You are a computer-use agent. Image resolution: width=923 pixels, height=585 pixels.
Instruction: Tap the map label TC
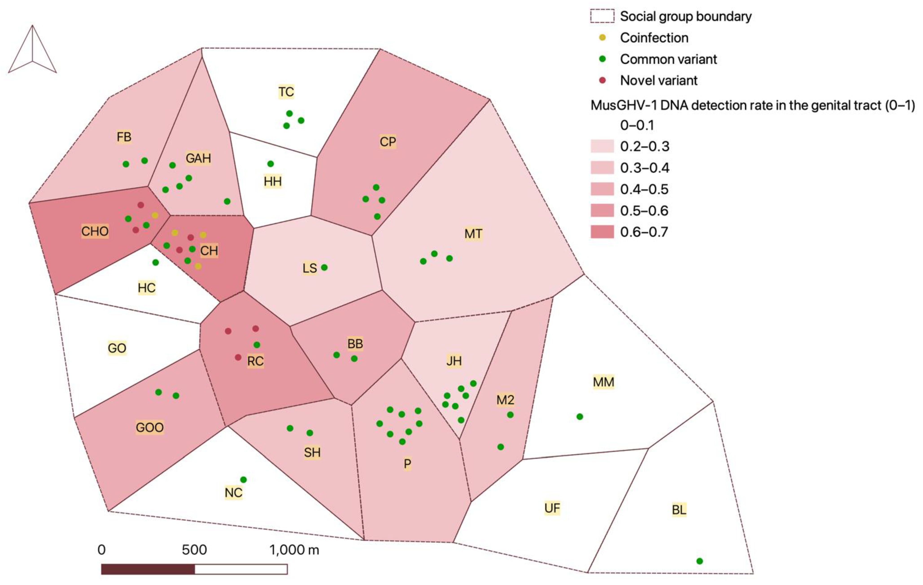tap(286, 92)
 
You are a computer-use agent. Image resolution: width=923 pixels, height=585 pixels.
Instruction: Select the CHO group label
tap(95, 231)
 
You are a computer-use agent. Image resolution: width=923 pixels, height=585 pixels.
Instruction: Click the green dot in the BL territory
tap(700, 561)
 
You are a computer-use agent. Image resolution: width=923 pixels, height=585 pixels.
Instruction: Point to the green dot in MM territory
tap(580, 416)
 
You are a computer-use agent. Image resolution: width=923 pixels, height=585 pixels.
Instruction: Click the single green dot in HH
tap(271, 164)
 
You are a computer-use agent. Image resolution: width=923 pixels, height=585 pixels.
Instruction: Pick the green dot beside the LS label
tap(324, 267)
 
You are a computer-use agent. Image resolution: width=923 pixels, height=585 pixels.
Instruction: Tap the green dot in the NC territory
tap(243, 480)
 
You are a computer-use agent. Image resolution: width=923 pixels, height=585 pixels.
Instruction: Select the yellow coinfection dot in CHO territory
tap(155, 216)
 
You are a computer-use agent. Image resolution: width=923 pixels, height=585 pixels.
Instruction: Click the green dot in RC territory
tap(257, 345)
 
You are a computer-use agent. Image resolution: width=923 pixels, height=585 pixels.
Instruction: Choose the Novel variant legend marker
tap(602, 80)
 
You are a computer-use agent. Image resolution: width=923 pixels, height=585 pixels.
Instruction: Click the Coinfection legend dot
tap(602, 38)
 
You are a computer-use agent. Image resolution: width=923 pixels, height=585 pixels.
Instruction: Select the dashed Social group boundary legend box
tap(602, 16)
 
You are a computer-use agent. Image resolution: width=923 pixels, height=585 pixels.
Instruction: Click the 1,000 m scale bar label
tap(294, 550)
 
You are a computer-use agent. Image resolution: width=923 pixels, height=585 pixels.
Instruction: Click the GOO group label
tap(149, 427)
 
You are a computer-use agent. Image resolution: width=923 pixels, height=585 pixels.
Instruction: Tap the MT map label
tap(473, 234)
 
